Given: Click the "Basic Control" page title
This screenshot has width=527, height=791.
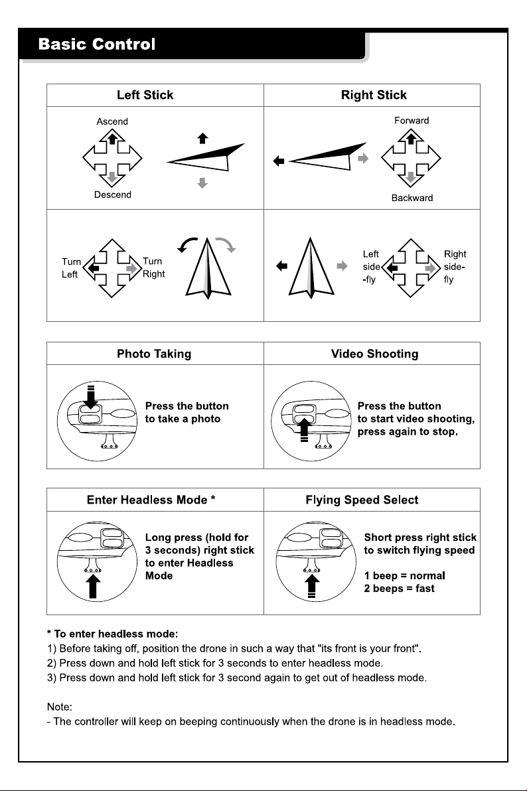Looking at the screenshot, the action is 97,44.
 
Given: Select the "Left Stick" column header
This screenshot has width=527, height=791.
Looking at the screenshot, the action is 145,95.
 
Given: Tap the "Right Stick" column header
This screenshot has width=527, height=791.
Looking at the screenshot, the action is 374,95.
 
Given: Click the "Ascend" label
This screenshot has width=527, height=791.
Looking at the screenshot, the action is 112,121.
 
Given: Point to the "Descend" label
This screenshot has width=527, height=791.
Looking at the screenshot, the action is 113,194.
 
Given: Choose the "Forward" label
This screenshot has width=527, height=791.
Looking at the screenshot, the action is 412,121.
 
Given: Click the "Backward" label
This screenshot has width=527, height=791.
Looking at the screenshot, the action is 412,198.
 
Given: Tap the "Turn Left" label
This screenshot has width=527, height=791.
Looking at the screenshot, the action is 70,268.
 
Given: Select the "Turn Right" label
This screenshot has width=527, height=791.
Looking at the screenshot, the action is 153,267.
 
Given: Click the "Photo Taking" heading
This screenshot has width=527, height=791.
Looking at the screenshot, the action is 154,354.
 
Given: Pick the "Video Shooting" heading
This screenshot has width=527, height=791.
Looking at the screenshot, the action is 374,354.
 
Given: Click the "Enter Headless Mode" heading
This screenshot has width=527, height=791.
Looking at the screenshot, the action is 151,500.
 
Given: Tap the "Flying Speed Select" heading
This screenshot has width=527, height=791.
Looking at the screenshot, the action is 362,500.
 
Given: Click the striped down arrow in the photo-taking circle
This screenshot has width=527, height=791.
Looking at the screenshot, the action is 91,397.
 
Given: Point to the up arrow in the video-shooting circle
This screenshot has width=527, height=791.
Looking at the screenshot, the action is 304,430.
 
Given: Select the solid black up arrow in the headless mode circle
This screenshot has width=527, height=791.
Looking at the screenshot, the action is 94,587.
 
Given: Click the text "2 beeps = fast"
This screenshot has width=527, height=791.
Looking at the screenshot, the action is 399,588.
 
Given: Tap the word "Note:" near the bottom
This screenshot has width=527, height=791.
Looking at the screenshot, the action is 60,707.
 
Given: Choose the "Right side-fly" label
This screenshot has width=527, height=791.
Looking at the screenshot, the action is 454,267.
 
